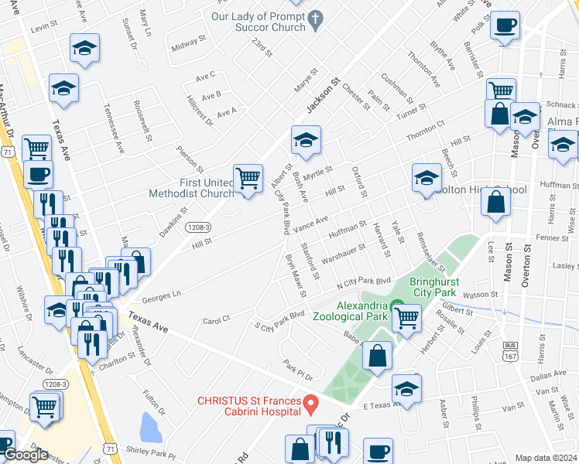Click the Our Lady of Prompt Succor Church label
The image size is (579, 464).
[x=259, y=21]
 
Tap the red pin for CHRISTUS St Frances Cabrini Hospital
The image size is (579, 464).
[x=310, y=403]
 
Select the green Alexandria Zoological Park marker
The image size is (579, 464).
[x=398, y=307]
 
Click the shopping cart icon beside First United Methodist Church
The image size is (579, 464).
[x=248, y=179]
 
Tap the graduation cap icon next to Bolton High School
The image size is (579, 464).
[x=426, y=179]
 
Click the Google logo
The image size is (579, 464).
[x=25, y=455]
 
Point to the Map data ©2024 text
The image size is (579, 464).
[x=546, y=458]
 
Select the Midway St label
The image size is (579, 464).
[x=190, y=46]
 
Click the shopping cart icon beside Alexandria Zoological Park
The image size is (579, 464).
[x=406, y=317]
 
